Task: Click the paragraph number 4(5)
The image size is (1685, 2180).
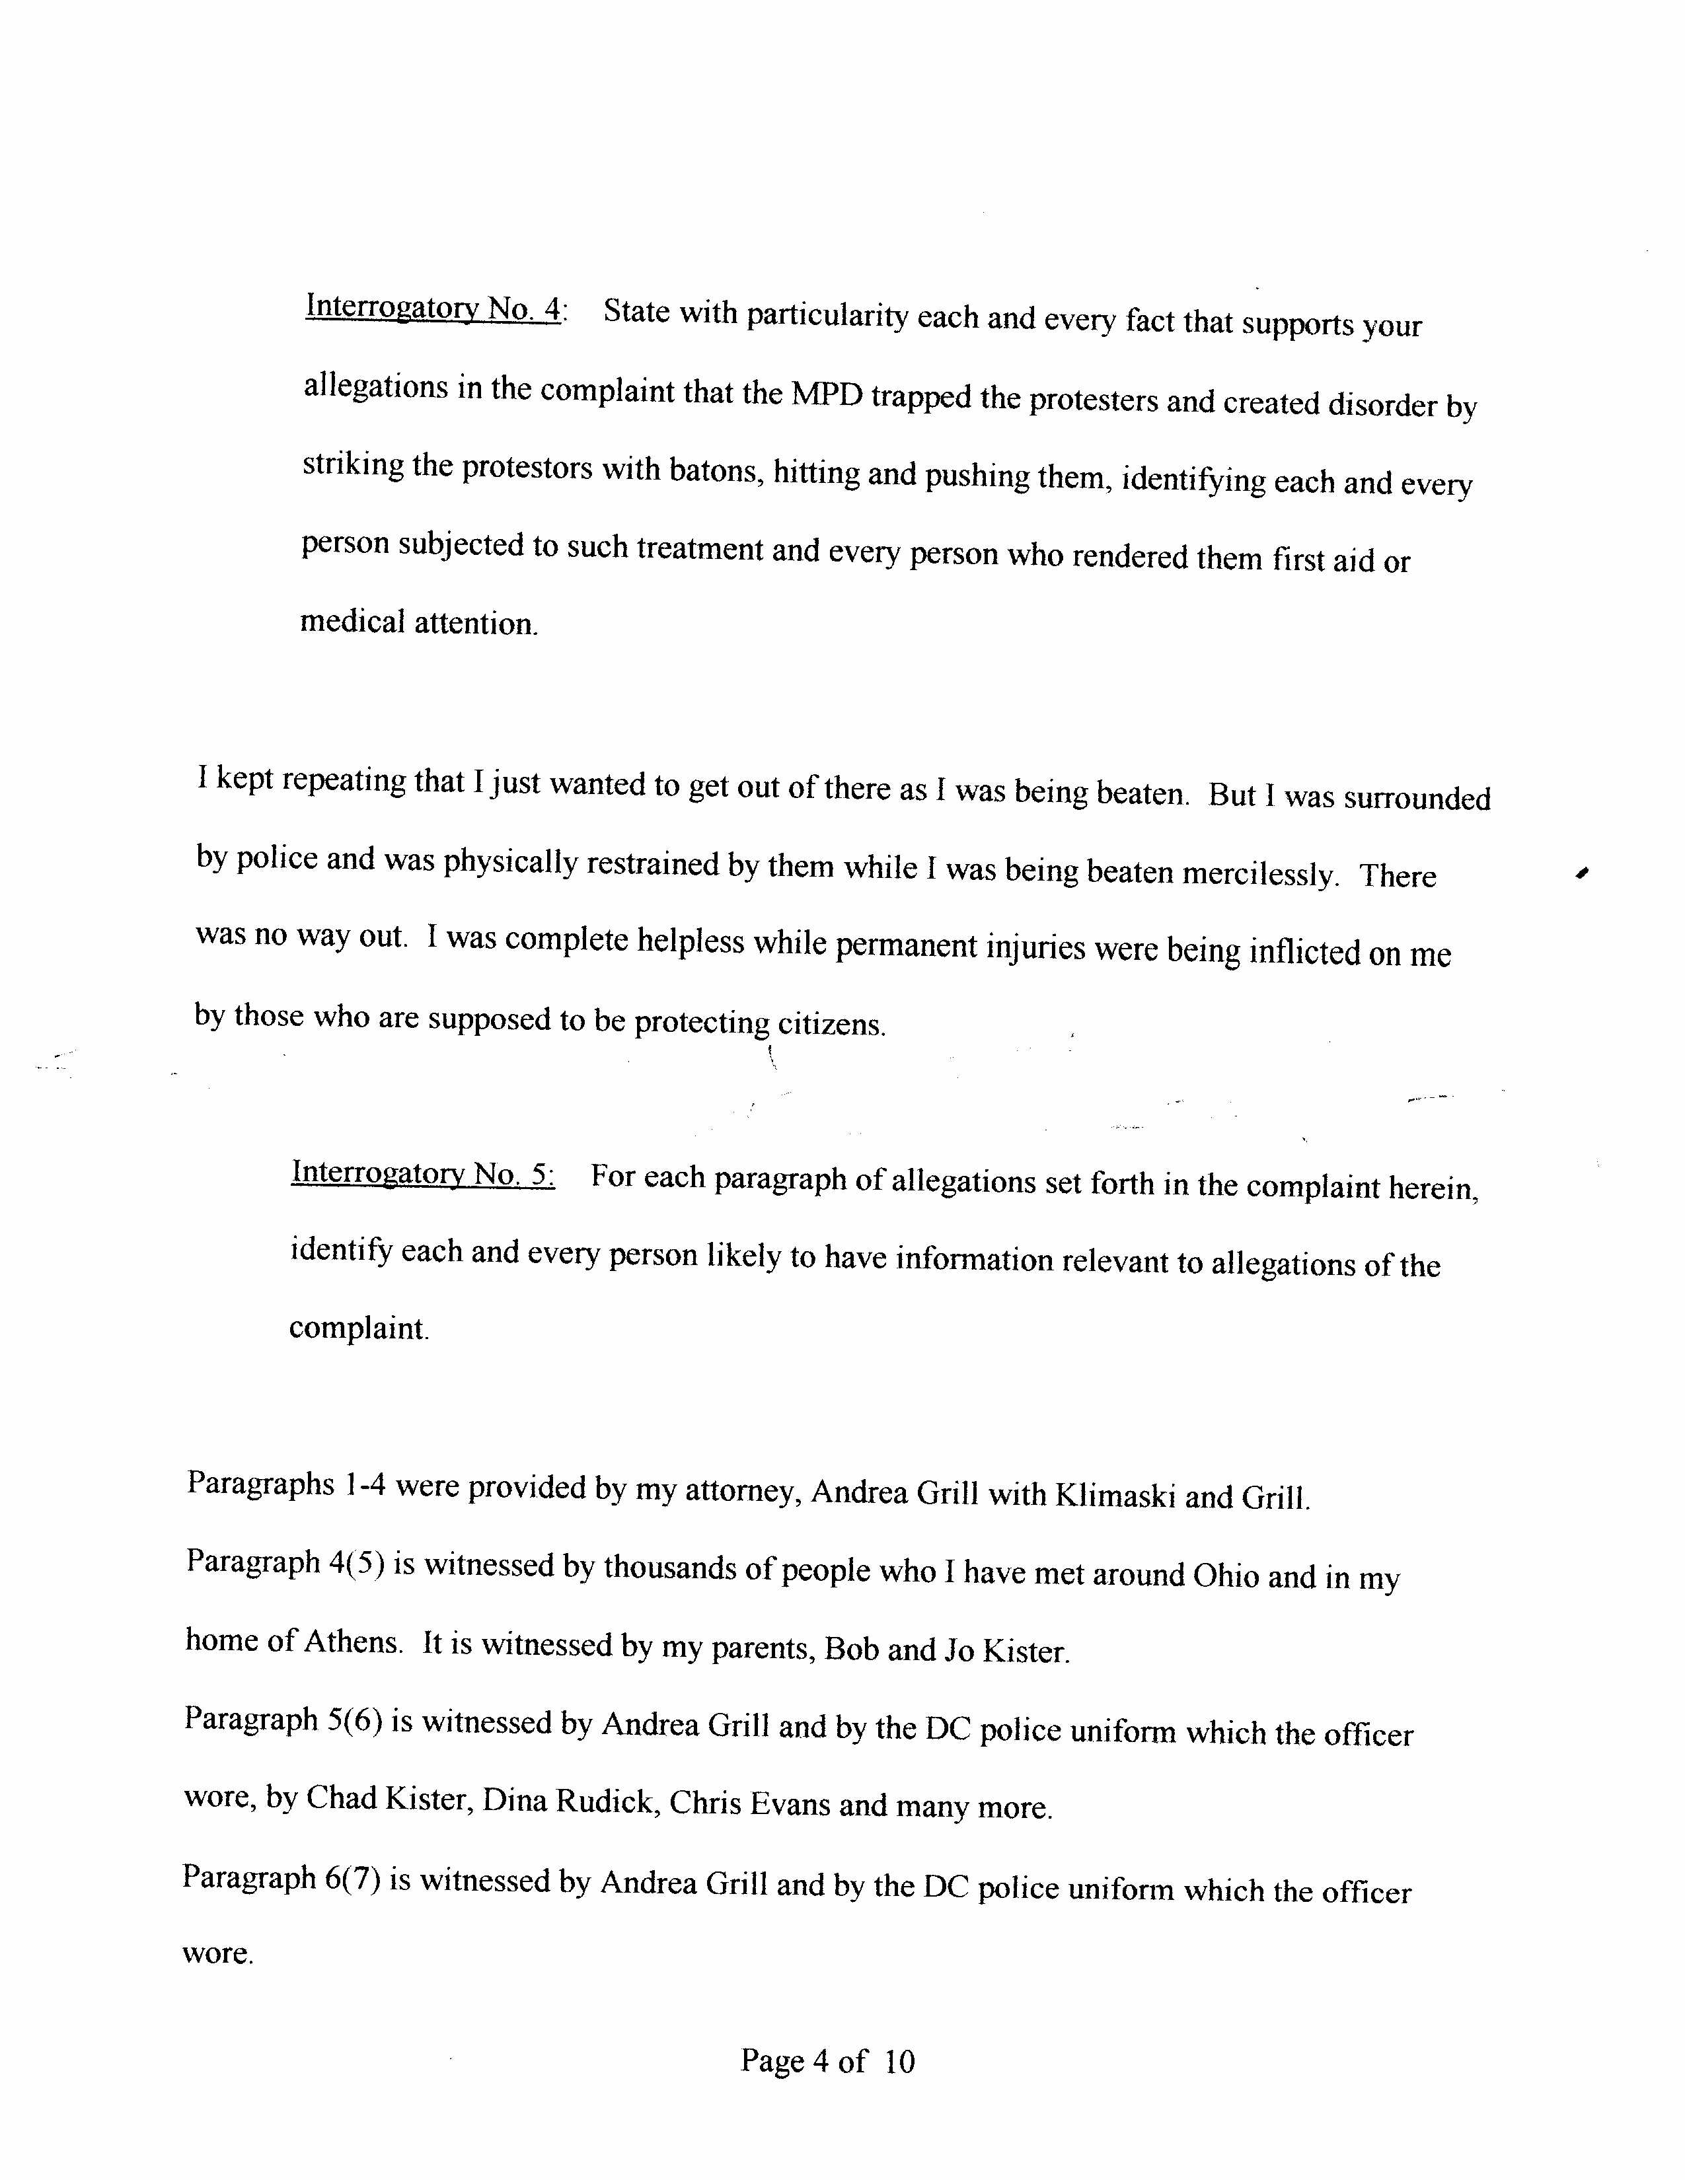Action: tap(356, 1562)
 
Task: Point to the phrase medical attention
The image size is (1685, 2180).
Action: tap(418, 623)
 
